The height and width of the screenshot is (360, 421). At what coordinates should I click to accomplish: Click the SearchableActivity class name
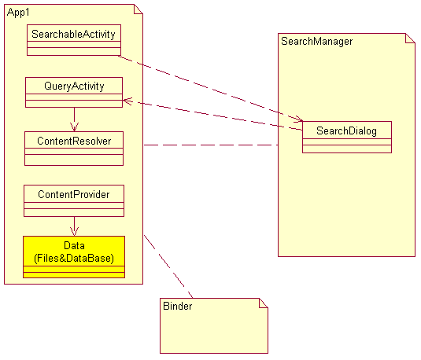(x=73, y=34)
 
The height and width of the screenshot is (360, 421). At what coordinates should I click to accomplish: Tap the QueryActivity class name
(x=74, y=86)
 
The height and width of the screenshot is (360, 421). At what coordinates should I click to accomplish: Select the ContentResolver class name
(x=74, y=141)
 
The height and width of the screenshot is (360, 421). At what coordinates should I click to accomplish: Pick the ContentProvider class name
(x=74, y=194)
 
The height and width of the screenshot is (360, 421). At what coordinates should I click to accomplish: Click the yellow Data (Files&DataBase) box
(x=74, y=257)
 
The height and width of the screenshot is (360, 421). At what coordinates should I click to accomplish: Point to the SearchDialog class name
(x=346, y=130)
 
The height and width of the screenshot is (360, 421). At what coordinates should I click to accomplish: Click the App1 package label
(x=18, y=13)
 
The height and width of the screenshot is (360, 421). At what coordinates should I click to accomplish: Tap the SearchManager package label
(x=317, y=41)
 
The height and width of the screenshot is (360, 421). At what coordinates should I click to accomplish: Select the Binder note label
(x=178, y=306)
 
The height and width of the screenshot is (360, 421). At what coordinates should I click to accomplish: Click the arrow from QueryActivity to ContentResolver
(x=75, y=119)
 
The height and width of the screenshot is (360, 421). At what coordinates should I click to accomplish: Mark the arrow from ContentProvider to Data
(x=75, y=226)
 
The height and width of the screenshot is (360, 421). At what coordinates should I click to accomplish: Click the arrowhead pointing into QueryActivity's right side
(x=127, y=101)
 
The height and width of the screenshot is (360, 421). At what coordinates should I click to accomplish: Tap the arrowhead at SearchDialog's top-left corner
(x=298, y=119)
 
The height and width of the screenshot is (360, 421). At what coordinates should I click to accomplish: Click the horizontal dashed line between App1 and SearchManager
(x=211, y=145)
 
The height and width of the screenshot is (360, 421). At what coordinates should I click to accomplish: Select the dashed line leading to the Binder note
(x=168, y=266)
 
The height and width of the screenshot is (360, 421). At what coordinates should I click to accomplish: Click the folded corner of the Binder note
(x=264, y=303)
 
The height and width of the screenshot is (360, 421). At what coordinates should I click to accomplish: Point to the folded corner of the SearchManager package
(x=410, y=38)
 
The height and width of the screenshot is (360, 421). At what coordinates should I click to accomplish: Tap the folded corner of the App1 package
(x=138, y=9)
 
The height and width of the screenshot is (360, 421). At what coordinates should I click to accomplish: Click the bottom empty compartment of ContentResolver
(x=74, y=160)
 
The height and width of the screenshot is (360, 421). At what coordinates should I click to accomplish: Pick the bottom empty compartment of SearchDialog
(x=347, y=149)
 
